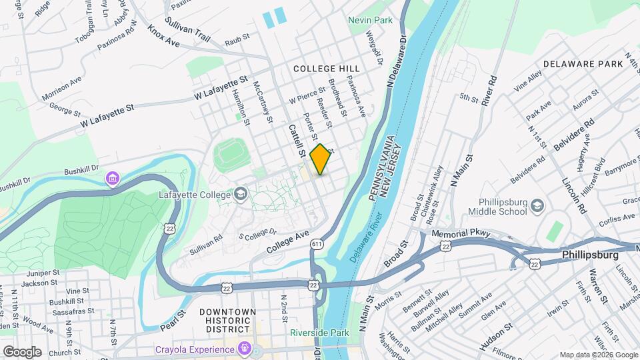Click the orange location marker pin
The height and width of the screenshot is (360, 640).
pos(321,159)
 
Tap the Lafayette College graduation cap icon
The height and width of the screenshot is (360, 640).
pos(241,195)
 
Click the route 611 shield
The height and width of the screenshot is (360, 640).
pos(317,245)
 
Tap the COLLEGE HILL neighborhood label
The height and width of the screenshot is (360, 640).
pos(326,69)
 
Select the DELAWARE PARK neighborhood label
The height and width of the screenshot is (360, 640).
pos(582,64)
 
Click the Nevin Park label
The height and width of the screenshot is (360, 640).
pos(370,21)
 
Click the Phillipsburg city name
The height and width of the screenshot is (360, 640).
pos(590,255)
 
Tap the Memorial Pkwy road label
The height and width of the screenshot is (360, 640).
pos(461,234)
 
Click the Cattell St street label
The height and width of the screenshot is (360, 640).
pos(297,140)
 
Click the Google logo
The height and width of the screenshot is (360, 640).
pos(22,351)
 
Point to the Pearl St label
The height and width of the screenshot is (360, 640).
pos(172,319)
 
